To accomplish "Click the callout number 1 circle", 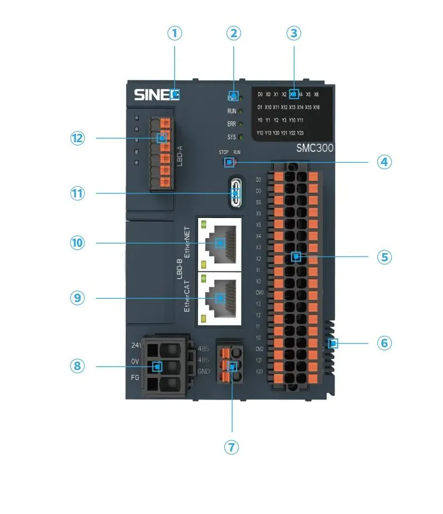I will [175, 33].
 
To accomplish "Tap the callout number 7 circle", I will [232, 447].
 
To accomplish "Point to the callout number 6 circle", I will [384, 342].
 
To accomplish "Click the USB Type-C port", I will [237, 193].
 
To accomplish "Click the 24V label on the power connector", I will [135, 346].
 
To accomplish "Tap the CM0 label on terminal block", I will [259, 292].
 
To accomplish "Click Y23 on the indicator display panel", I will [300, 133].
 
